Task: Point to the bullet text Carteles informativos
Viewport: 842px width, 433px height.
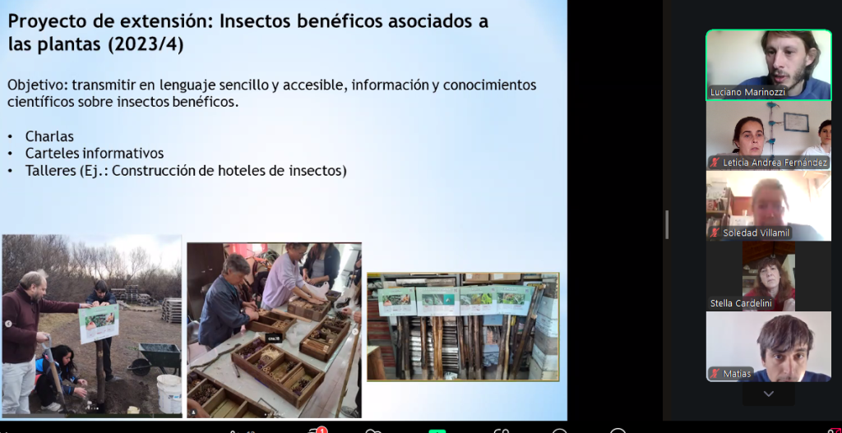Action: [95, 154]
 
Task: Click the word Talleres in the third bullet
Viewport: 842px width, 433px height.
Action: [50, 171]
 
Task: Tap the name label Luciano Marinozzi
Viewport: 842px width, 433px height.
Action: [747, 92]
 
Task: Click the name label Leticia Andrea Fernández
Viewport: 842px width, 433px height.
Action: [775, 162]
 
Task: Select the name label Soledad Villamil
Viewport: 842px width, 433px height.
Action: [756, 233]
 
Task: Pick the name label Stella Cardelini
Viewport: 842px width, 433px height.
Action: [741, 304]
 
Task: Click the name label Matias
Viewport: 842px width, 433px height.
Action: [736, 374]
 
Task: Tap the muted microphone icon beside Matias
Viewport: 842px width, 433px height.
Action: [715, 374]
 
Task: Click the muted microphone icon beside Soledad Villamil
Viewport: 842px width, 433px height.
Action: [715, 233]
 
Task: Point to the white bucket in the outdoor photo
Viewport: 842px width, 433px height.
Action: [169, 394]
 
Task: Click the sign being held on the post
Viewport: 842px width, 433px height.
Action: [99, 323]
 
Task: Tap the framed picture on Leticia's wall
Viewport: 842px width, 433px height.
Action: [795, 122]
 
